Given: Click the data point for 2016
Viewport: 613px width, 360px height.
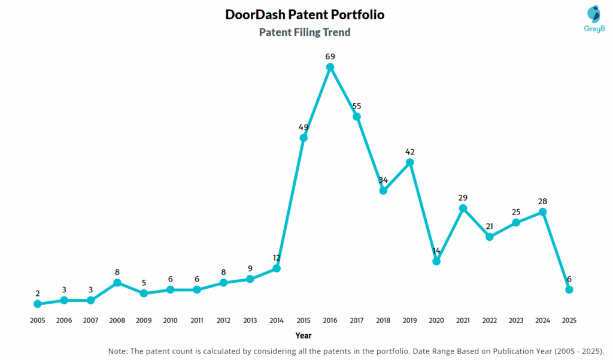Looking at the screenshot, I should [x=330, y=67].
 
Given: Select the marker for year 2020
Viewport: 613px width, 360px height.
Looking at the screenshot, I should [x=436, y=261].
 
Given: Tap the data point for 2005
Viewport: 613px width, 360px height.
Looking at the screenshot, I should [x=38, y=304].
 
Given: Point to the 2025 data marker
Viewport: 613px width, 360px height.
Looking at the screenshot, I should [x=569, y=289].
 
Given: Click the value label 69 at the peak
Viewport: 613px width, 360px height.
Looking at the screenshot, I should [x=330, y=56].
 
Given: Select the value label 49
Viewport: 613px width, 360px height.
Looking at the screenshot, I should [x=304, y=127].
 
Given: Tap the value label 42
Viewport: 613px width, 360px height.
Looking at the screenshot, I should [x=410, y=152].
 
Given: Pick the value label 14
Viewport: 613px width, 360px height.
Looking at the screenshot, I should [x=436, y=250].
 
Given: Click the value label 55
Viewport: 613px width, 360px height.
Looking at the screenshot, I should [x=357, y=106].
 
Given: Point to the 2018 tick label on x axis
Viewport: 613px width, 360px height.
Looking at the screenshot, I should [x=383, y=320].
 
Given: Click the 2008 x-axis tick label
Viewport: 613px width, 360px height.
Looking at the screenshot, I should [x=117, y=320].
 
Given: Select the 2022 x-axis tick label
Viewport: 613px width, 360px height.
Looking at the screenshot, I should [x=490, y=320].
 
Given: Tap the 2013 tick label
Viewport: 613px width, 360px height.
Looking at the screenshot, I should [x=250, y=320].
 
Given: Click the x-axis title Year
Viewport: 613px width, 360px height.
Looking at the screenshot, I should [x=304, y=335].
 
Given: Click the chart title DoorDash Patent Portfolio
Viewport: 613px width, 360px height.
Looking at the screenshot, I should [x=305, y=14].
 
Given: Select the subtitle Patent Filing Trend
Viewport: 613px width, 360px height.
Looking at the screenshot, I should [x=305, y=32].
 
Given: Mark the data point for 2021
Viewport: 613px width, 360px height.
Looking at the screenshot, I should [x=463, y=208].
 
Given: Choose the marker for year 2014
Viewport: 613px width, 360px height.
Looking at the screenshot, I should [x=277, y=268].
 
